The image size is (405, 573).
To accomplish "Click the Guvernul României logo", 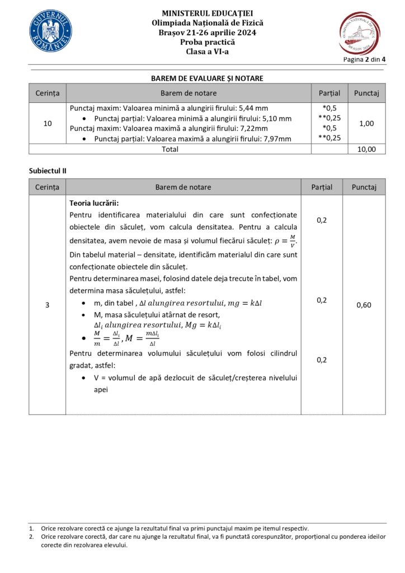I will pyautogui.click(x=50, y=31).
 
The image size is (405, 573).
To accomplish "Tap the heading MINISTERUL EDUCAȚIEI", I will pyautogui.click(x=207, y=12).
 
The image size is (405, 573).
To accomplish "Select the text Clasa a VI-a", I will pyautogui.click(x=207, y=52).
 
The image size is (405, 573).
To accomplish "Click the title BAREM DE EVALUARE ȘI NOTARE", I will pyautogui.click(x=207, y=78).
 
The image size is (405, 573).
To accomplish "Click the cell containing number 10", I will pyautogui.click(x=47, y=123).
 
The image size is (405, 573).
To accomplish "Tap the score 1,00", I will pyautogui.click(x=366, y=123).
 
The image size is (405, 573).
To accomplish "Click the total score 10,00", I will pyautogui.click(x=366, y=149).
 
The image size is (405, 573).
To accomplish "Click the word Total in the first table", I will pyautogui.click(x=170, y=149).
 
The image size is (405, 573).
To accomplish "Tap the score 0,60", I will pyautogui.click(x=364, y=305).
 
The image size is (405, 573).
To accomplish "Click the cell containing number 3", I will pyautogui.click(x=47, y=305).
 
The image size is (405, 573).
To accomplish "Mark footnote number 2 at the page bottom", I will pyautogui.click(x=31, y=536).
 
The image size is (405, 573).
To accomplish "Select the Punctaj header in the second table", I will pyautogui.click(x=364, y=187).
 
